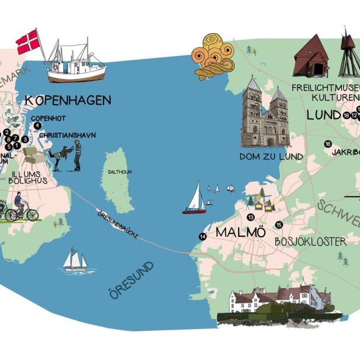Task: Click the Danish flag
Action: [x=27, y=41]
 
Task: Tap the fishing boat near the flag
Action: [x=76, y=64]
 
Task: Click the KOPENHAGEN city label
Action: [x=68, y=101]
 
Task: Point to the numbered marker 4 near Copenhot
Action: [x=37, y=126]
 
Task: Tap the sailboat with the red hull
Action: [x=195, y=199]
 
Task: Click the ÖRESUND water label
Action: [x=131, y=280]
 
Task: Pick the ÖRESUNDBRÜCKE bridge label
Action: [x=117, y=223]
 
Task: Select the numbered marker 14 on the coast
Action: [x=202, y=237]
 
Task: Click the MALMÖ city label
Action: [x=241, y=233]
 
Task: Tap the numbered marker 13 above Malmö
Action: [x=251, y=217]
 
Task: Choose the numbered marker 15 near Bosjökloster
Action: [x=279, y=225]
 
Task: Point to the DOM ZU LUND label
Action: [x=271, y=157]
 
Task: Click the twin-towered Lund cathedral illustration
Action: [x=265, y=114]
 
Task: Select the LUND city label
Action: [x=323, y=115]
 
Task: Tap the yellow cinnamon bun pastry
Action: [x=214, y=56]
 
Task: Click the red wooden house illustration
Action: [x=311, y=57]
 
